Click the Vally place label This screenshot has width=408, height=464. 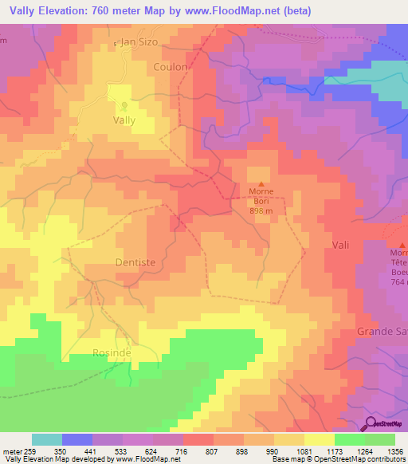[124, 121]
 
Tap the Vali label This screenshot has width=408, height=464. [341, 242]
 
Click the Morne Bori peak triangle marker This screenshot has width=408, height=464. [261, 184]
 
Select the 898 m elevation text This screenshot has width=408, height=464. [261, 211]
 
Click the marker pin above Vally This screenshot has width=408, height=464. [124, 106]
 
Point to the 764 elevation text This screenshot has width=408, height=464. [399, 282]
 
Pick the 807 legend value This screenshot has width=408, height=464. [214, 450]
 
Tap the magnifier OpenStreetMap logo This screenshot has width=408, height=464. [371, 423]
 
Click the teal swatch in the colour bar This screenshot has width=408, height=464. [46, 439]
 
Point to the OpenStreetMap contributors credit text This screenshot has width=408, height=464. [366, 459]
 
